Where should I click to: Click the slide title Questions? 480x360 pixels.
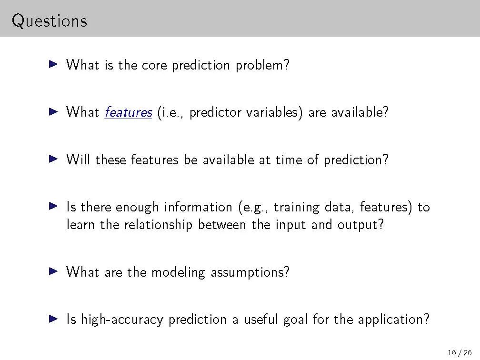[50, 21]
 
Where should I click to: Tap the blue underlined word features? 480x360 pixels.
[128, 112]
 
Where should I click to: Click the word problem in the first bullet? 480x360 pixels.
[262, 65]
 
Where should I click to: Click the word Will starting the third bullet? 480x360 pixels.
[78, 160]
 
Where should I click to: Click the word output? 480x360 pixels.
[360, 225]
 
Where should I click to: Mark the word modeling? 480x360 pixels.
[178, 272]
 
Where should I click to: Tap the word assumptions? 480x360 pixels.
[250, 272]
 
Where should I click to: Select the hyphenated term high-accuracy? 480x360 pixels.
[122, 320]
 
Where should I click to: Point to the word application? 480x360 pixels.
[394, 320]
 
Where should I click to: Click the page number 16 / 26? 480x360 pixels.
[460, 353]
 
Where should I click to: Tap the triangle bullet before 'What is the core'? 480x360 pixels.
[53, 64]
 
